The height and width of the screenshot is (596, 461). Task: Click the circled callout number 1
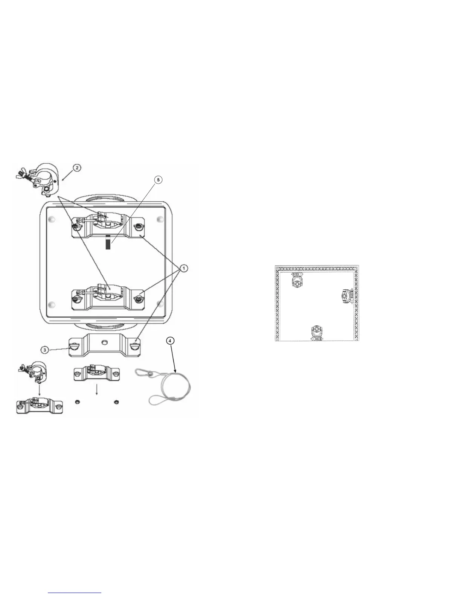tap(183, 268)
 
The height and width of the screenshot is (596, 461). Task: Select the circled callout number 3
tap(45, 350)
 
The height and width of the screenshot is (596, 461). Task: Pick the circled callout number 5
tap(158, 180)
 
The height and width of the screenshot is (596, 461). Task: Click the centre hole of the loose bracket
tap(104, 342)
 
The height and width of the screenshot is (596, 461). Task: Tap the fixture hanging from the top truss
tap(298, 281)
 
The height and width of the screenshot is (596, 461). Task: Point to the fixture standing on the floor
tap(317, 333)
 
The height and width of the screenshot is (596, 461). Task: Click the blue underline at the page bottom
tap(75, 593)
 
